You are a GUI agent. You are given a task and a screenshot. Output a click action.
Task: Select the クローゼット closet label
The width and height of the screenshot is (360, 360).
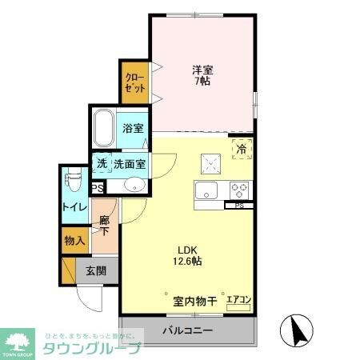134,83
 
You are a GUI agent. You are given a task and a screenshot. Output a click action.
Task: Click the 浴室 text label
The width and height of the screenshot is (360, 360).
132,128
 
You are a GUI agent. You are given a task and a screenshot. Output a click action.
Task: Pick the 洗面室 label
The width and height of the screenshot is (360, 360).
129,164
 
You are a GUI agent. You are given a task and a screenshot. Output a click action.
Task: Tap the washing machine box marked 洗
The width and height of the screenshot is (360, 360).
102,163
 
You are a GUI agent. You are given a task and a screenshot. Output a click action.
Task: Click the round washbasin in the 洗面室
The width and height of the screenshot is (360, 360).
134,186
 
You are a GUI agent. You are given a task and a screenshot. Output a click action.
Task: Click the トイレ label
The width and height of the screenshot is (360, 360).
70,206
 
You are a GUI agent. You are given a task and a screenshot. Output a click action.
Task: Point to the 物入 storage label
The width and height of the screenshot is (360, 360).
74,241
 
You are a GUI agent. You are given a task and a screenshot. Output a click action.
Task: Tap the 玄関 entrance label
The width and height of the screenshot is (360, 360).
97,270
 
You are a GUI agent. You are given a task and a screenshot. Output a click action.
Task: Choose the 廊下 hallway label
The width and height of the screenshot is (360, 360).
104,224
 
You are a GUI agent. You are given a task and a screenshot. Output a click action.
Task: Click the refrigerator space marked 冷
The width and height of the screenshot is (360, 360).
240,148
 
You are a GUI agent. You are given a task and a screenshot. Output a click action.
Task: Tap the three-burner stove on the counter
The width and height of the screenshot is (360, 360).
238,191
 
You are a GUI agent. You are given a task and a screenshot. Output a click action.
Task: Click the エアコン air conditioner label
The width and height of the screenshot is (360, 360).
238,300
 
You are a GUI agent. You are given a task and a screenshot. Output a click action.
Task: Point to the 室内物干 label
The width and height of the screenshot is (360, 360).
194,301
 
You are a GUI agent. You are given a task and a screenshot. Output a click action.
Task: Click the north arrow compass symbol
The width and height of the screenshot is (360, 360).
296,329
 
